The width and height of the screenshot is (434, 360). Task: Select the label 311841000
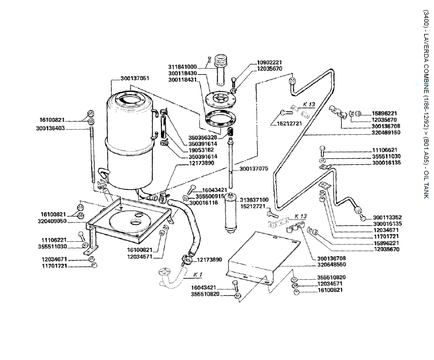pos(183,67)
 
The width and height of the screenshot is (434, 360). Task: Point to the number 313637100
pos(253,200)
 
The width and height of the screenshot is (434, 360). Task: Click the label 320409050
pos(53,221)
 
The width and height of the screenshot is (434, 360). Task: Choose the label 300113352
pos(388,217)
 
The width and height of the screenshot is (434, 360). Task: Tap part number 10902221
pos(269,63)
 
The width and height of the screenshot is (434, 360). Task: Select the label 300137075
pos(254,169)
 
